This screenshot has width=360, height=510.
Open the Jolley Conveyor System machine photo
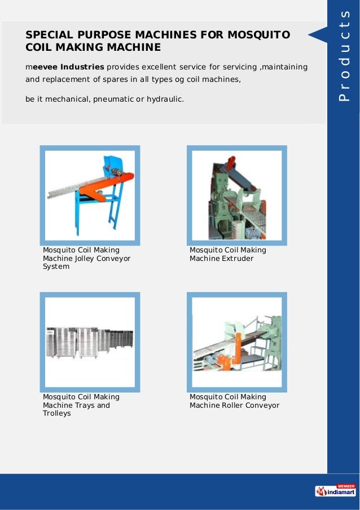(x=90, y=195)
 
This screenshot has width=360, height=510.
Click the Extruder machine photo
(x=236, y=195)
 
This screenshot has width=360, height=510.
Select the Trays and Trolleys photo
(x=90, y=342)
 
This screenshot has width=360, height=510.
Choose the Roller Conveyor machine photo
(x=236, y=342)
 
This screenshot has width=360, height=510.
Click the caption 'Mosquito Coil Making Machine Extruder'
(x=227, y=254)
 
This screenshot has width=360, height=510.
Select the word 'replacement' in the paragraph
(x=63, y=80)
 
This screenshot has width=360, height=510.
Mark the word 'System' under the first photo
(x=56, y=267)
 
